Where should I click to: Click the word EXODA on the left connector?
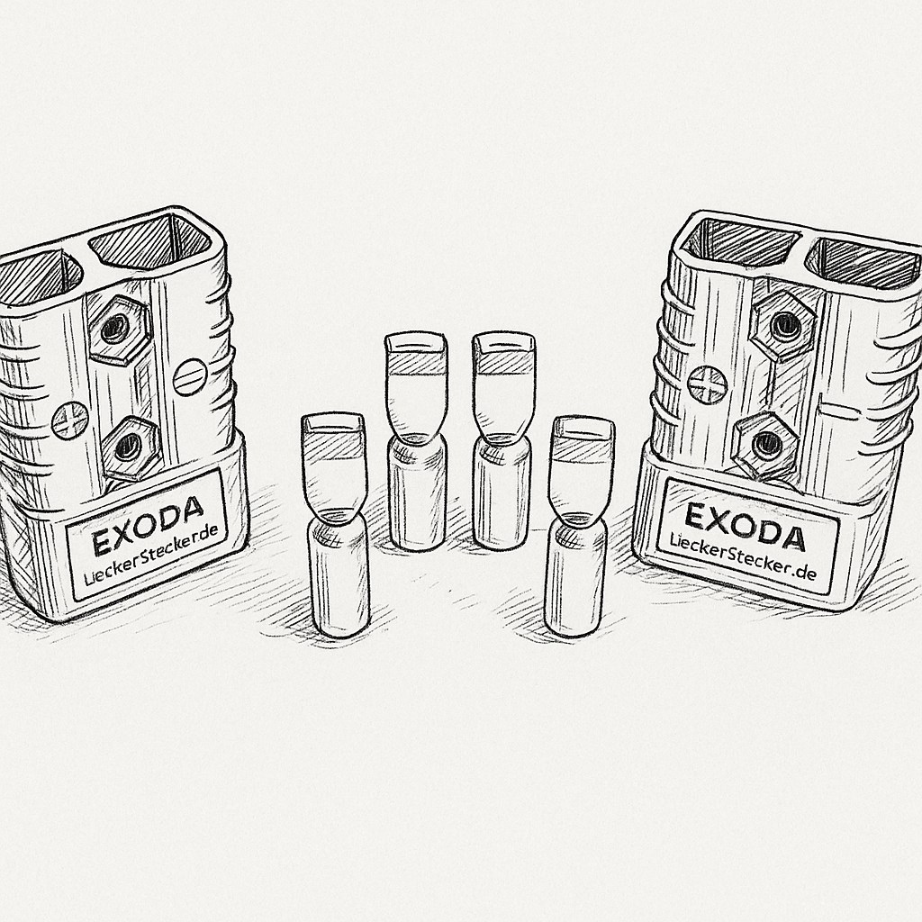[149, 526]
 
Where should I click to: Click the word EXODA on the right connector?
[745, 527]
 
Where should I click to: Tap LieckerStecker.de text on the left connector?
[151, 555]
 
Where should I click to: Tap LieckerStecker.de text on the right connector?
[743, 556]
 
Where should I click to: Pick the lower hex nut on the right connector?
[765, 445]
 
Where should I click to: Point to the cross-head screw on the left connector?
[70, 421]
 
